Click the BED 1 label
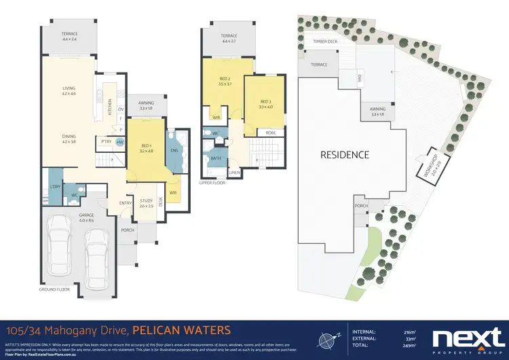(x=146, y=145)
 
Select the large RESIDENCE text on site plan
(x=345, y=154)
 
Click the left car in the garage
(x=62, y=252)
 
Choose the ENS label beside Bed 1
(x=174, y=151)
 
